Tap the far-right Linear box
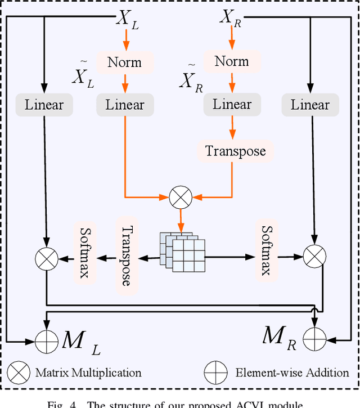click(x=310, y=105)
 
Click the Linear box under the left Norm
click(x=125, y=105)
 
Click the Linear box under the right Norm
click(x=232, y=105)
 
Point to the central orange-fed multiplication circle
click(x=181, y=196)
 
